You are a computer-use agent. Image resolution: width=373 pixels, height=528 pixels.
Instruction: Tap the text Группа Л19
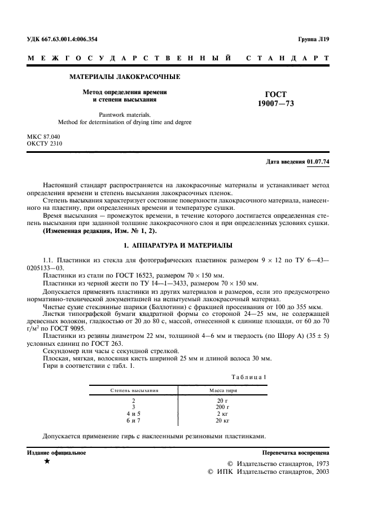pyautogui.click(x=313, y=39)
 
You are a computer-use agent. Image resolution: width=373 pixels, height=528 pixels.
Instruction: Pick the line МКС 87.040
pyautogui.click(x=43, y=137)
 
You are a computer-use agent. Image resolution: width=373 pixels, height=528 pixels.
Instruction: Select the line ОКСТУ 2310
pyautogui.click(x=45, y=144)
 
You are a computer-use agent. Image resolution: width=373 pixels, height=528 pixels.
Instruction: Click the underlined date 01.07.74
pyautogui.click(x=318, y=162)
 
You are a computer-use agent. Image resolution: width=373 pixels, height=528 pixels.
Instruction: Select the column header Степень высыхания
pyautogui.click(x=134, y=390)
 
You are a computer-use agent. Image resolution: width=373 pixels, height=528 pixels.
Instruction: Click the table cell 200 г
pyautogui.click(x=222, y=406)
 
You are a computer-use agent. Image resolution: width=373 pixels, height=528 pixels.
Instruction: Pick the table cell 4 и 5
pyautogui.click(x=133, y=413)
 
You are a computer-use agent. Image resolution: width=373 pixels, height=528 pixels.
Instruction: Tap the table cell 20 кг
pyautogui.click(x=222, y=421)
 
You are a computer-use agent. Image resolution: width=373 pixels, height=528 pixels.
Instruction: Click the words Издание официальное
pyautogui.click(x=56, y=453)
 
